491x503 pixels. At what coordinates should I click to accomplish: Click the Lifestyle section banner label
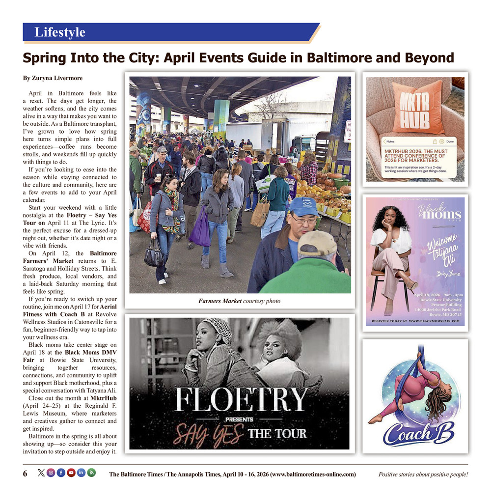[x=59, y=32]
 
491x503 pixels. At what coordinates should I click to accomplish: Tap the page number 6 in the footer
[x=25, y=474]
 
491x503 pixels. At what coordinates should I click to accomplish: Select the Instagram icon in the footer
[x=51, y=473]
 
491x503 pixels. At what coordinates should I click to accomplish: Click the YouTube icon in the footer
[x=71, y=473]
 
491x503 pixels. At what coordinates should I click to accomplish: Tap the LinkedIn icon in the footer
[x=81, y=473]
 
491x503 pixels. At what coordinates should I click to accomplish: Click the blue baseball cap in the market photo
[x=303, y=207]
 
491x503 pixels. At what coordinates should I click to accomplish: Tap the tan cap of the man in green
[x=317, y=242]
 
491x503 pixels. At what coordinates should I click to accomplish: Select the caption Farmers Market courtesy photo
[x=239, y=301]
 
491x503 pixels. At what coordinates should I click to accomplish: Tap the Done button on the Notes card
[x=449, y=141]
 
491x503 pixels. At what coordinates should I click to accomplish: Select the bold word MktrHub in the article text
[x=104, y=397]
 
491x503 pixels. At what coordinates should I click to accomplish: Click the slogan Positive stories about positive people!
[x=423, y=474]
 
